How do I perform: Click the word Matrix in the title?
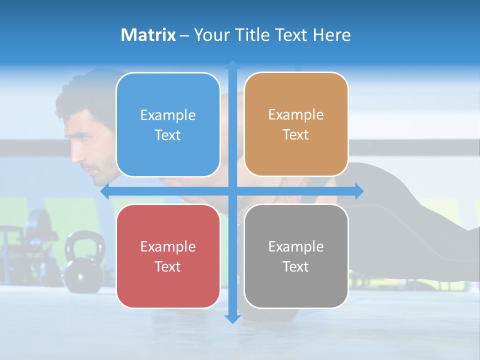pyautogui.click(x=148, y=35)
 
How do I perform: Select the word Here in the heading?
pyautogui.click(x=331, y=35)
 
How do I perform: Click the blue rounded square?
pyautogui.click(x=168, y=124)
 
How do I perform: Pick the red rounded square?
pyautogui.click(x=168, y=256)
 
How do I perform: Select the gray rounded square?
pyautogui.click(x=296, y=256)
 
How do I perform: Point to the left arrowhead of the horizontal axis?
pyautogui.click(x=104, y=191)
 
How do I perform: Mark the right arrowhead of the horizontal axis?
pyautogui.click(x=359, y=191)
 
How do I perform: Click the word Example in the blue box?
pyautogui.click(x=168, y=115)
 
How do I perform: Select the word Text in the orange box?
pyautogui.click(x=296, y=135)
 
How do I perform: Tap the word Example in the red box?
pyautogui.click(x=168, y=246)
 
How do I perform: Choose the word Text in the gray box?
pyautogui.click(x=296, y=266)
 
